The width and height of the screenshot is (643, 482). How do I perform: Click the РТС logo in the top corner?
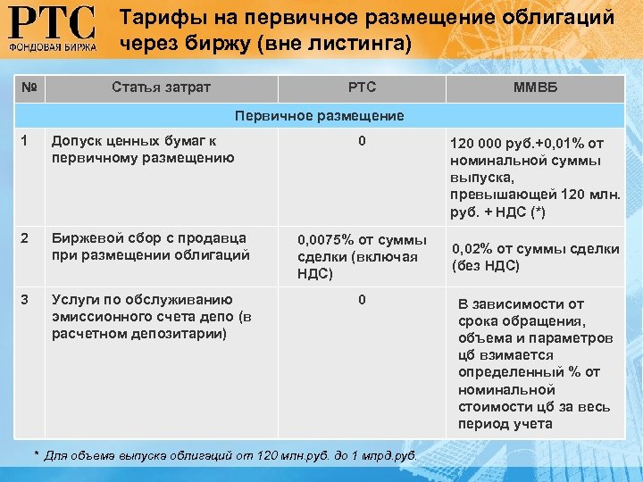(x=52, y=29)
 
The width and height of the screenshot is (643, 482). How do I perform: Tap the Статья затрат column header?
(x=162, y=87)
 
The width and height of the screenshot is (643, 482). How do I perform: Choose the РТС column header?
(x=362, y=87)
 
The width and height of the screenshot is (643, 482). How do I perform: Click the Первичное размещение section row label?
(x=319, y=115)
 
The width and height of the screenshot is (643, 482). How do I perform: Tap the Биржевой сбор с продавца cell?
(x=150, y=245)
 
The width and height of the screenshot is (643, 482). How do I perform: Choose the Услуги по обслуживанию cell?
(x=152, y=316)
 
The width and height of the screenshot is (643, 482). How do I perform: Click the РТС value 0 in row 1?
(x=362, y=141)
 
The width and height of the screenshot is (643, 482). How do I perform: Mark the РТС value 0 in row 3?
(x=362, y=299)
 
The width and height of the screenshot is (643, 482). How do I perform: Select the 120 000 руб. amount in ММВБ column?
(x=490, y=143)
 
